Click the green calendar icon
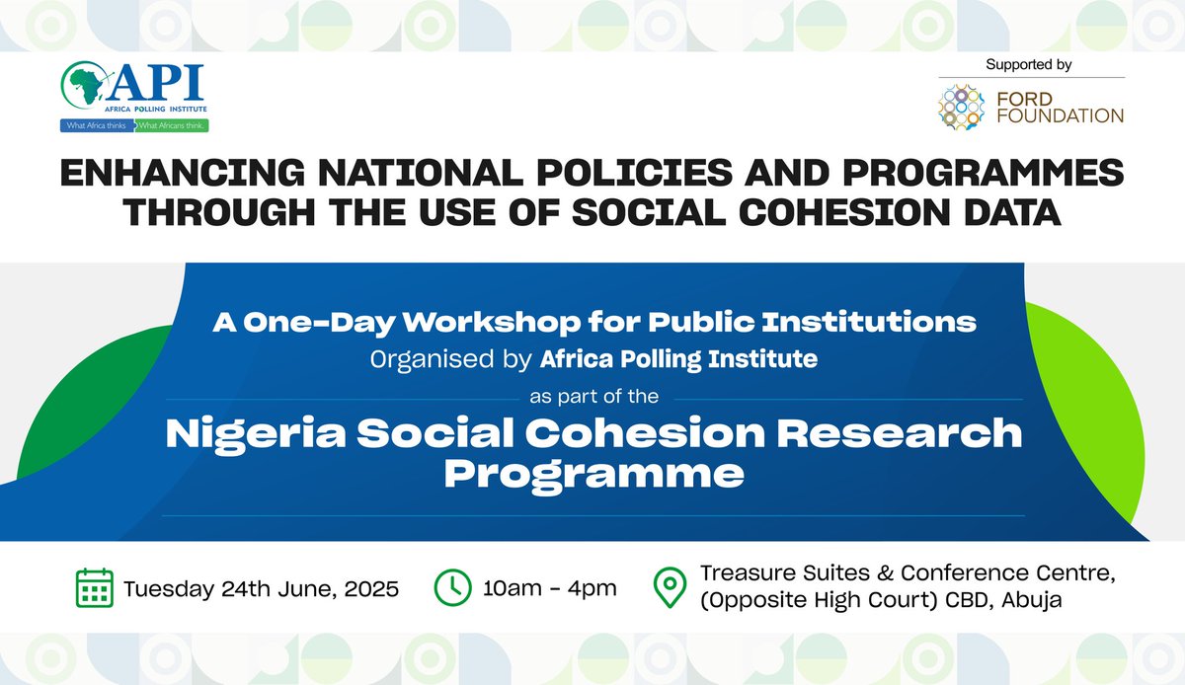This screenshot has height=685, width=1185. click(x=94, y=588)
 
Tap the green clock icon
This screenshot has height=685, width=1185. click(x=453, y=588)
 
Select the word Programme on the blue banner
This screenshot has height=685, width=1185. click(x=592, y=476)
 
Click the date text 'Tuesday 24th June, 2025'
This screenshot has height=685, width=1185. click(x=262, y=589)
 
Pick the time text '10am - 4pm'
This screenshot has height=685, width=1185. click(x=550, y=589)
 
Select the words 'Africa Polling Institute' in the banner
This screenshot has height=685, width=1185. click(x=678, y=359)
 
